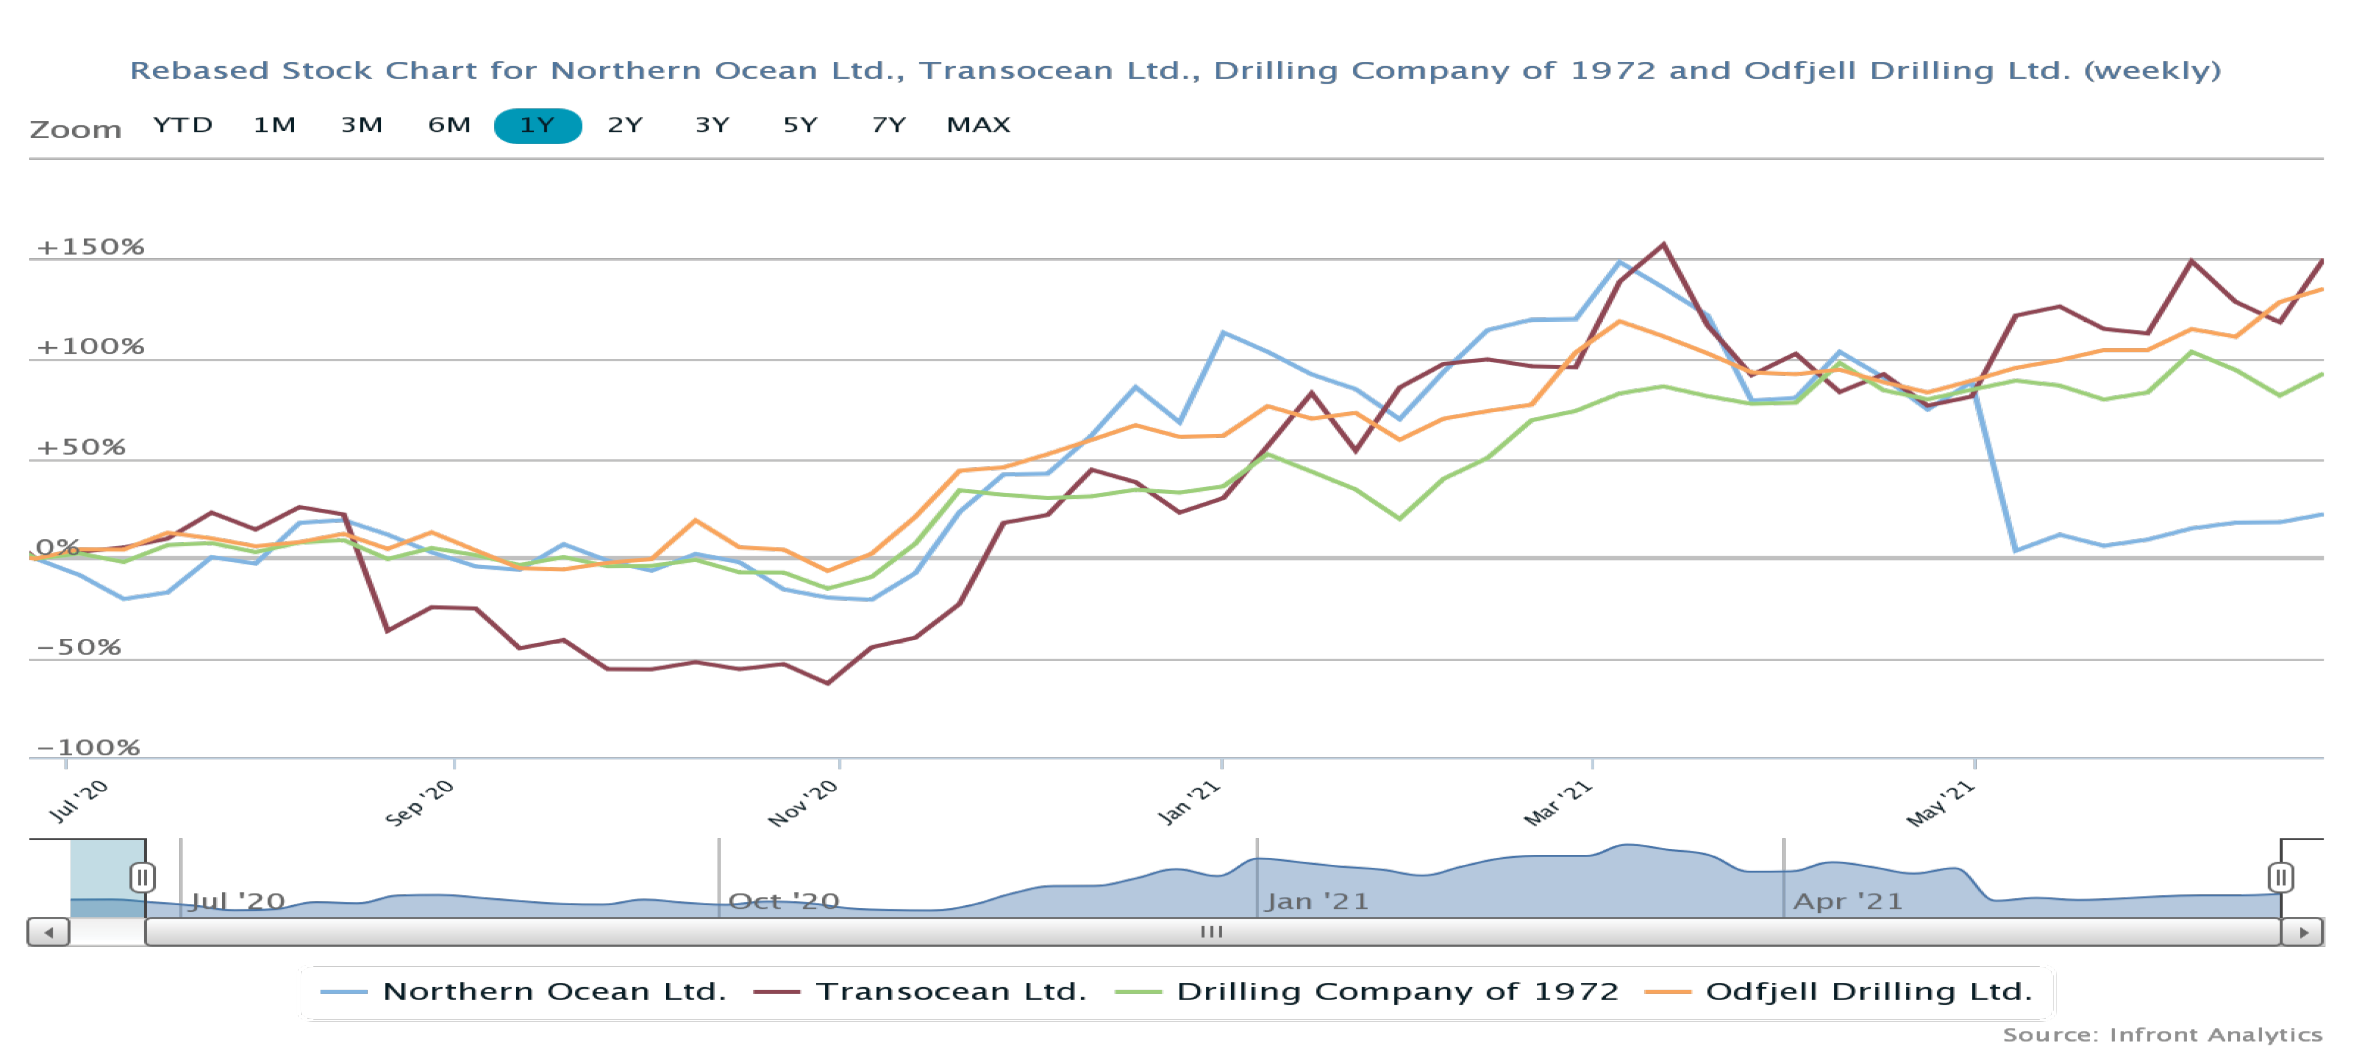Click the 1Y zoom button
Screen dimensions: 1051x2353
click(x=537, y=125)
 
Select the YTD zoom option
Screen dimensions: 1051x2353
click(x=183, y=125)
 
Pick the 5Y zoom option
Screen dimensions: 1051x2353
click(x=800, y=125)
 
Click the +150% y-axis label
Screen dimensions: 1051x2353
click(x=90, y=247)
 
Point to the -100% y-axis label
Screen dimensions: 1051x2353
click(x=88, y=748)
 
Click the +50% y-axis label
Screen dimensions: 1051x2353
click(x=80, y=447)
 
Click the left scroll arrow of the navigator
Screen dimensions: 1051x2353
click(x=49, y=932)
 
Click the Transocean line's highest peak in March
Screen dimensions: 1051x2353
click(x=1663, y=245)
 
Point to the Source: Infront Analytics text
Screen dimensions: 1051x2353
click(x=2162, y=1035)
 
